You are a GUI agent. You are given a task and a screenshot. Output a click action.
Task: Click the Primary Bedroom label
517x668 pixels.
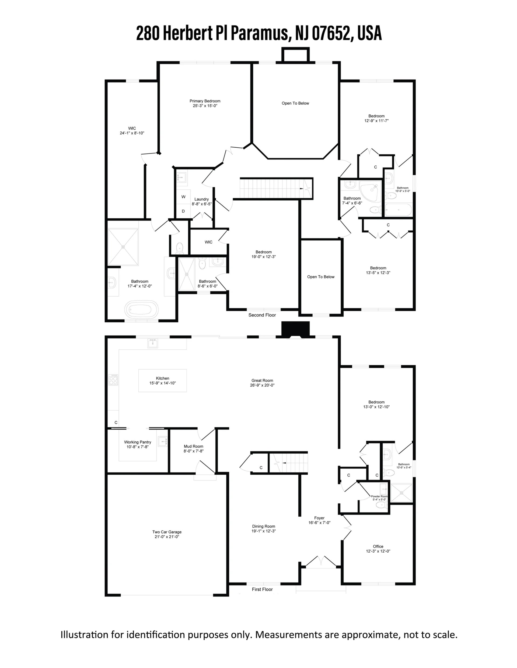205,101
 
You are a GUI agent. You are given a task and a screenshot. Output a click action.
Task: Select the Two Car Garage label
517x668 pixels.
167,532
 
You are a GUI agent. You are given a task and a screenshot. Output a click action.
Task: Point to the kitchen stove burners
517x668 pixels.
113,379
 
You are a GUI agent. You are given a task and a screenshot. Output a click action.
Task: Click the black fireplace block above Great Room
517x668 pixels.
296,329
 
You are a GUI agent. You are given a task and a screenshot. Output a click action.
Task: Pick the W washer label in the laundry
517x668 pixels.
183,197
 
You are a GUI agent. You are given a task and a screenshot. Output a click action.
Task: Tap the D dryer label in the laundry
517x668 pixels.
183,211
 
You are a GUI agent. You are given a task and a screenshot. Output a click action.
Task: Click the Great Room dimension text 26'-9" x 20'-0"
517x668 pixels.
262,385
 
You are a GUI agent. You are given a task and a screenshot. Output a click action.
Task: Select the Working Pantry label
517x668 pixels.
138,442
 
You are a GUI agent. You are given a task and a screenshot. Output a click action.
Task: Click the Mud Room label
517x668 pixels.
194,446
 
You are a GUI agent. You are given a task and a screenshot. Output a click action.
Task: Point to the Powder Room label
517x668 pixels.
379,496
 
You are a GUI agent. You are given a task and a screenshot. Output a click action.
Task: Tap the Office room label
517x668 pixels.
378,546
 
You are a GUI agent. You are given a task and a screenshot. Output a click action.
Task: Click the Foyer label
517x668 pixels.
319,518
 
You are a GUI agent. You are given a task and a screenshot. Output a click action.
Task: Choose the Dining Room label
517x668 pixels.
263,526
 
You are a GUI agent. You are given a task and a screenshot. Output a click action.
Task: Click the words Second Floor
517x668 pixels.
262,315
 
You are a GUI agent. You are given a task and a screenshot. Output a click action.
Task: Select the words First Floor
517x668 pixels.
262,589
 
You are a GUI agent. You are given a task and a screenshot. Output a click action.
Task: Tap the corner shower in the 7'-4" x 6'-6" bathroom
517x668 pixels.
370,191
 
